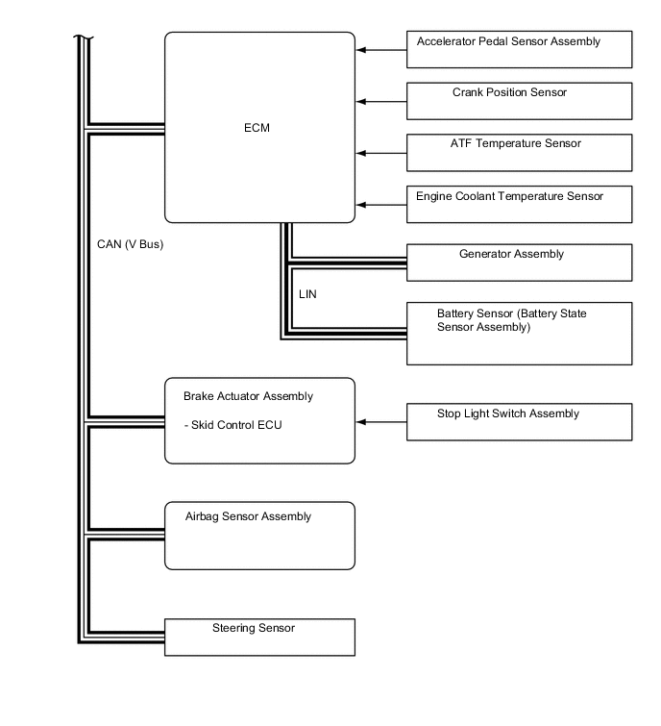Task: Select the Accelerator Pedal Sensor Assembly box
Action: (519, 49)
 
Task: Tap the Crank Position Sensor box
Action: (519, 100)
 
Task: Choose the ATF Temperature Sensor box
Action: (519, 152)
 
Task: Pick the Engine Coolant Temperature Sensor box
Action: (519, 204)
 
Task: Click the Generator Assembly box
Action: (519, 262)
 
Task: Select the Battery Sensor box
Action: (519, 333)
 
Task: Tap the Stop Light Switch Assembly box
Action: (519, 421)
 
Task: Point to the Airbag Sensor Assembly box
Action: (259, 535)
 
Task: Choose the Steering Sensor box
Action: (259, 637)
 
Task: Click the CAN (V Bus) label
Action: (131, 244)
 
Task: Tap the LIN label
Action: (307, 294)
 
